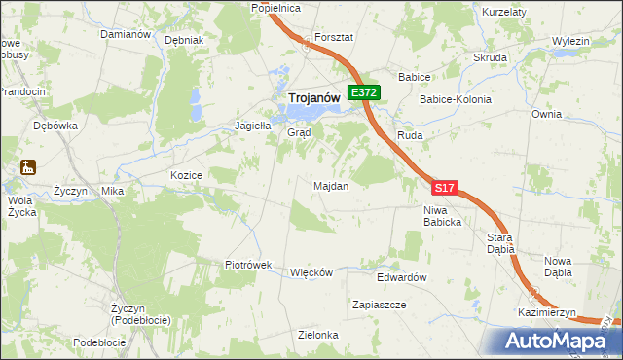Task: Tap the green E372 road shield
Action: [364, 92]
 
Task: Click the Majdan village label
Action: [331, 185]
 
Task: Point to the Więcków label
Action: [311, 272]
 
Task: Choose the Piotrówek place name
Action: [253, 265]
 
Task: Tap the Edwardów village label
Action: [402, 277]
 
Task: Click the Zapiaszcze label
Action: [379, 305]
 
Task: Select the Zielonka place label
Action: [318, 335]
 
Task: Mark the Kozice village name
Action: [185, 175]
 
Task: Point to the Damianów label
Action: [126, 34]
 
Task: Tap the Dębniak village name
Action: [184, 41]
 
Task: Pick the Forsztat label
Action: [333, 37]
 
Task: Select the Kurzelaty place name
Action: [504, 11]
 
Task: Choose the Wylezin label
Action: [570, 41]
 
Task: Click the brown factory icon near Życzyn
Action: [26, 167]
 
